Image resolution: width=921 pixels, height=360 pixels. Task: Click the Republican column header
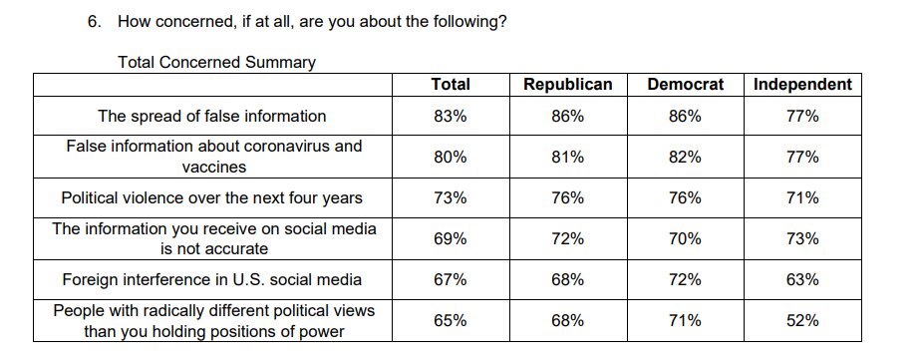tap(567, 85)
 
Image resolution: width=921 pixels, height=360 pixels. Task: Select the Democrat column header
tap(685, 85)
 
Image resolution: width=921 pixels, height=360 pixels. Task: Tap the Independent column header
tap(801, 85)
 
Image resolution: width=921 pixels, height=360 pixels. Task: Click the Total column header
tap(450, 85)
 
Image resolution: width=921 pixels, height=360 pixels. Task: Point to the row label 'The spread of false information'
tap(210, 117)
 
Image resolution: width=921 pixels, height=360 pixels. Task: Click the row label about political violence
tap(211, 198)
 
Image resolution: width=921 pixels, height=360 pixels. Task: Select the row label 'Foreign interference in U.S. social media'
tap(210, 279)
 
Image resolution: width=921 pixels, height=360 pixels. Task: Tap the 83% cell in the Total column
tap(450, 117)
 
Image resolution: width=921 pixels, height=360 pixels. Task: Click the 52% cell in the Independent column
tap(801, 320)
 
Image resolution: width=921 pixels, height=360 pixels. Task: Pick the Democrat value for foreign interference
tap(685, 279)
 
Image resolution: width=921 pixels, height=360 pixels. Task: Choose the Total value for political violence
tap(450, 198)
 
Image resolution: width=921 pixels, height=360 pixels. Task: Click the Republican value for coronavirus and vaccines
tap(567, 157)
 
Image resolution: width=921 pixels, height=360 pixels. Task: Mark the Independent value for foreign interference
tap(801, 279)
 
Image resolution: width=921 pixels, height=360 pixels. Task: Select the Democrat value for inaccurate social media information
tap(685, 238)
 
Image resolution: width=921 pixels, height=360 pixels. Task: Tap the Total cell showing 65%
tap(450, 320)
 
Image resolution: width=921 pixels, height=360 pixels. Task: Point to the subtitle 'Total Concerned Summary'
tap(216, 62)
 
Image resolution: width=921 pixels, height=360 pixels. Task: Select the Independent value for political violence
tap(801, 198)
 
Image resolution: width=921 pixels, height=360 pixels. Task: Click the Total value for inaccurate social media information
tap(450, 238)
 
